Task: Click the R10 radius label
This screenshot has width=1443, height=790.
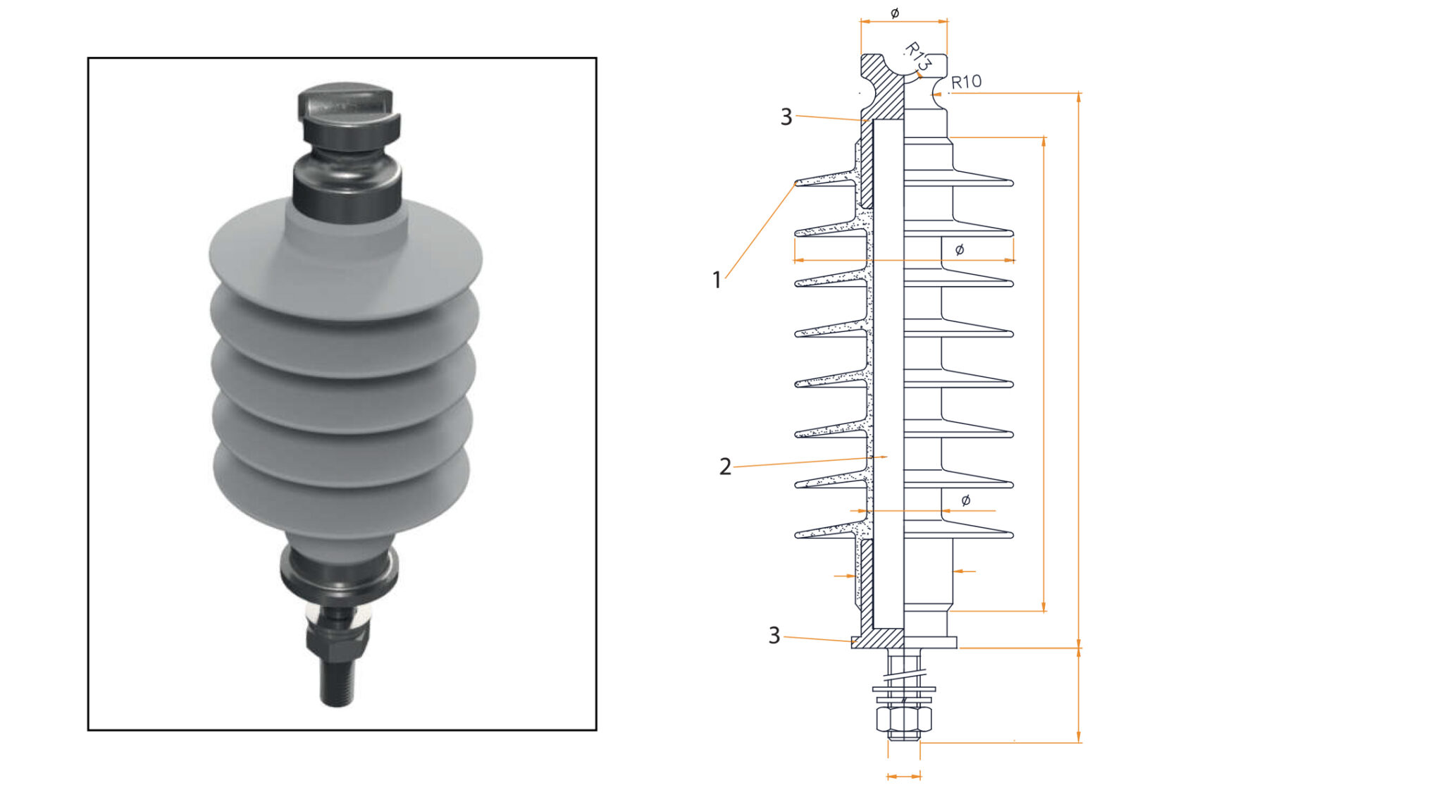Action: (966, 82)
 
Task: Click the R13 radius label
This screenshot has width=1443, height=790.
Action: (918, 56)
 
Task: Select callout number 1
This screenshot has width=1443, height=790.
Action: (717, 280)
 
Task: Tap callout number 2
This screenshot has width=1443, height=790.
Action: (725, 467)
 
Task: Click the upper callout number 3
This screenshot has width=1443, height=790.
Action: (786, 117)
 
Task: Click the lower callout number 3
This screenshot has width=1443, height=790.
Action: (774, 636)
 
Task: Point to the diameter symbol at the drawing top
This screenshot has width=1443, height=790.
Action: (895, 13)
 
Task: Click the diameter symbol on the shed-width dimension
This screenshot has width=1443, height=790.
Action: (959, 249)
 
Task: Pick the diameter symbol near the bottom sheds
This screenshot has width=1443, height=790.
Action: (965, 500)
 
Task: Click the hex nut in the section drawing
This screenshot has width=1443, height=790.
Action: (903, 720)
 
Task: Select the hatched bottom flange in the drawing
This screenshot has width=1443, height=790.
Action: (877, 640)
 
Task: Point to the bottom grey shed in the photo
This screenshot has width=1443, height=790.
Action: (341, 493)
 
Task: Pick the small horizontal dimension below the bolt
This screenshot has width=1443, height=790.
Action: (903, 776)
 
